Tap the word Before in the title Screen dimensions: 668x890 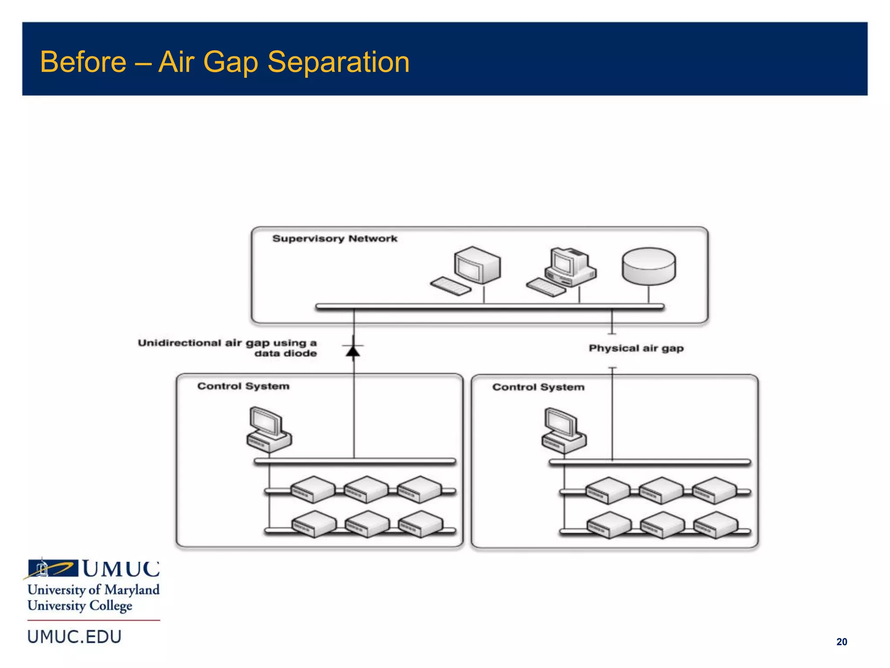pos(83,62)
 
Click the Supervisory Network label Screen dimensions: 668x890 pos(335,239)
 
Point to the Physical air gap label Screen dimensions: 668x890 pos(636,348)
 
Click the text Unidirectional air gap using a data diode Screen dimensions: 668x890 pos(227,348)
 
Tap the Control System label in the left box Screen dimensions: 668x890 pos(243,386)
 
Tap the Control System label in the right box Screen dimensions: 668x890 pos(538,387)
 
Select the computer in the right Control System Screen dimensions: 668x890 pos(563,431)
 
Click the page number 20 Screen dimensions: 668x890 pos(841,642)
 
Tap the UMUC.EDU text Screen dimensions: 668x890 pos(74,637)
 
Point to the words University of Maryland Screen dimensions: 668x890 pos(93,590)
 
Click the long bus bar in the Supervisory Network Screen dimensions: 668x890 pos(490,307)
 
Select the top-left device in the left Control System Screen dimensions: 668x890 pos(312,490)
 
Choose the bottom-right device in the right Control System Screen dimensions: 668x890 pos(715,525)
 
